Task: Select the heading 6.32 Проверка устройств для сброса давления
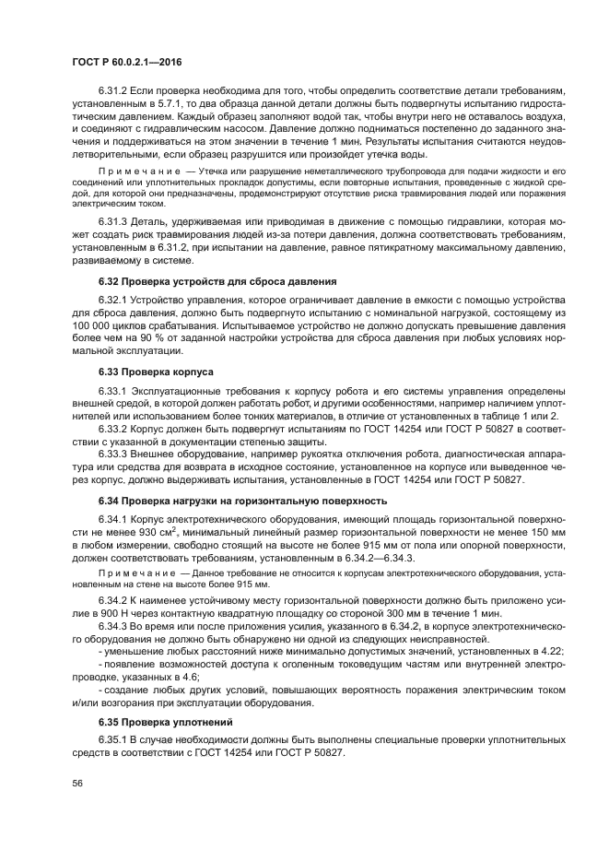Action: [x=217, y=280]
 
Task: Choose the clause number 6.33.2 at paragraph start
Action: [x=114, y=428]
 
